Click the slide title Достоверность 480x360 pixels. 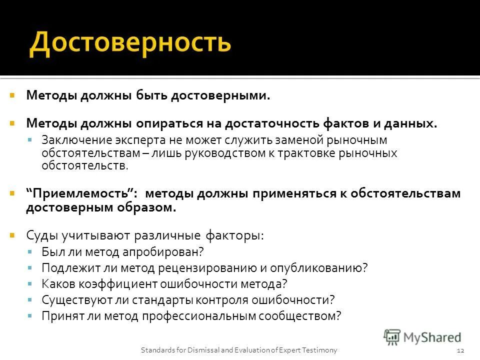[x=130, y=43]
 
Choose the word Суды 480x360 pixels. [x=40, y=235]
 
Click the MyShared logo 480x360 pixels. [x=423, y=337]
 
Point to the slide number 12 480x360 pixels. [x=461, y=350]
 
